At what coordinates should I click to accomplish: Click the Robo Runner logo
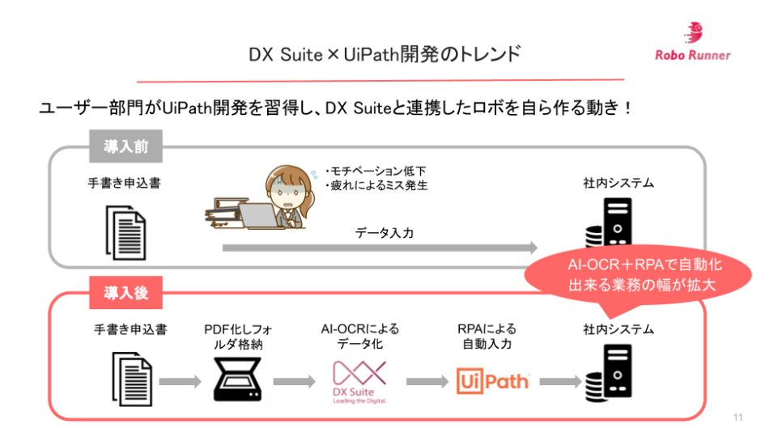coord(693,44)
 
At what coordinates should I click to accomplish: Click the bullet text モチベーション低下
coord(376,171)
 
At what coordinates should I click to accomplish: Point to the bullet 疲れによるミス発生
coord(376,185)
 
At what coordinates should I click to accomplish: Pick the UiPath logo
coord(493,380)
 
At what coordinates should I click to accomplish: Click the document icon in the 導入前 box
coord(125,231)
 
